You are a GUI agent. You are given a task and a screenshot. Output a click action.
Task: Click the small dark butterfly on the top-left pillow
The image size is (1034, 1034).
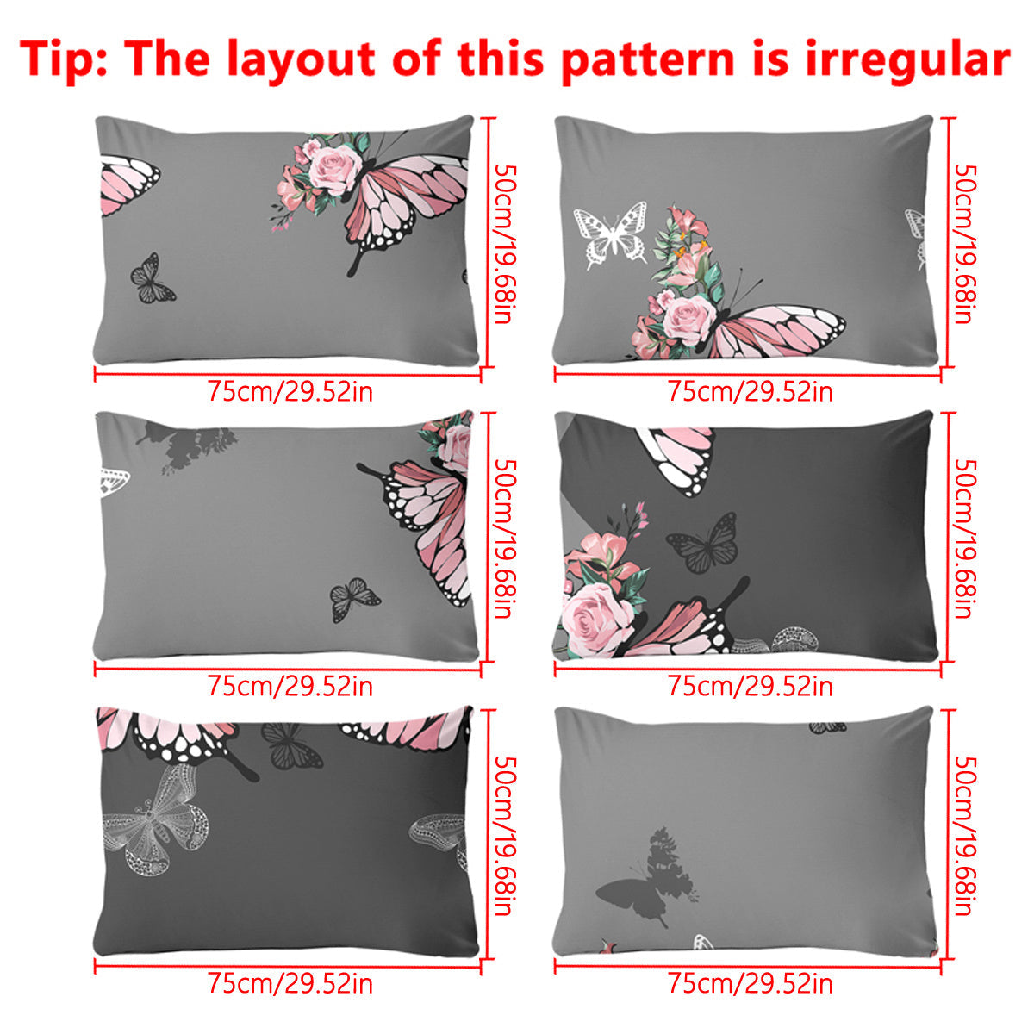[152, 280]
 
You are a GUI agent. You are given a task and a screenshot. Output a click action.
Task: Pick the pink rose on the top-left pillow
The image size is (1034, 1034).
[334, 168]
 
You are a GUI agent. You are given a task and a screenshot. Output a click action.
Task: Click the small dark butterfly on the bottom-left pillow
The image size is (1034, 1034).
[290, 746]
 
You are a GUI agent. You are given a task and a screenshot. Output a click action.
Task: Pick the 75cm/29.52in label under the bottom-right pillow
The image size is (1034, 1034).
[750, 983]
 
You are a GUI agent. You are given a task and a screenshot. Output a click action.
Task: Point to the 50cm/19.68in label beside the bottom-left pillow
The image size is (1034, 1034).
[504, 836]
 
